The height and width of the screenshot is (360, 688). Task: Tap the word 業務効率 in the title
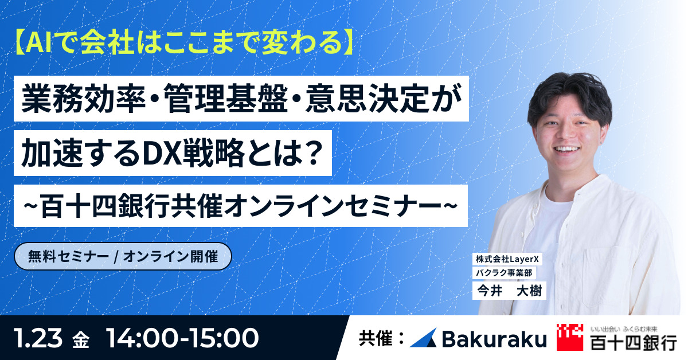[x=84, y=99]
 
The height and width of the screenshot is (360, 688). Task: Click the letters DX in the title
[x=162, y=153]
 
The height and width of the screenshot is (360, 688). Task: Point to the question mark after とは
[x=312, y=153]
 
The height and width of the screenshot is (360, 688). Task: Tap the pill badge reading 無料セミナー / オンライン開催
[x=123, y=256]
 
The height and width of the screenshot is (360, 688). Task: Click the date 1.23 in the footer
[x=38, y=338]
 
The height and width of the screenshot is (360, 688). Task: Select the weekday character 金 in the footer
[x=81, y=340]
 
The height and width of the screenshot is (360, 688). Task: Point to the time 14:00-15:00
[x=182, y=338]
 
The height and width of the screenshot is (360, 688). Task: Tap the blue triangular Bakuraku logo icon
[x=424, y=338]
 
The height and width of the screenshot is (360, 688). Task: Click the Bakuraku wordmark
[x=494, y=339]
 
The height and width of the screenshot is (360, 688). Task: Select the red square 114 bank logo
[x=570, y=337]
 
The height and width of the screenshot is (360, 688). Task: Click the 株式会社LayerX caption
[x=507, y=259]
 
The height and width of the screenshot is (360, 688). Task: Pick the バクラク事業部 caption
[x=504, y=273]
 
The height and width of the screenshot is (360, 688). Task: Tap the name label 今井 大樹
[x=509, y=291]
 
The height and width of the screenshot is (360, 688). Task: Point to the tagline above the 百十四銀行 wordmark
[x=624, y=329]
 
